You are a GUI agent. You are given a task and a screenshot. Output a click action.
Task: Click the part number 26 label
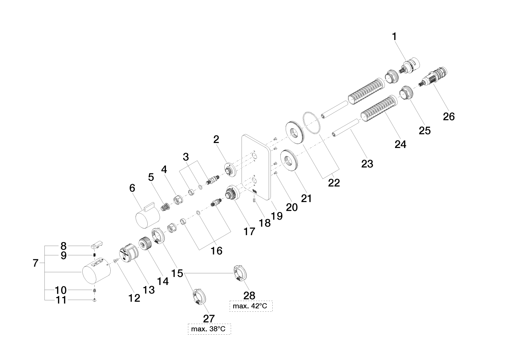(449, 117)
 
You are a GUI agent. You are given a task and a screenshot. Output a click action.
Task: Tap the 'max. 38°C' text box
(209, 329)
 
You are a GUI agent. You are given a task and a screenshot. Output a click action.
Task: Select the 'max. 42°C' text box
(251, 306)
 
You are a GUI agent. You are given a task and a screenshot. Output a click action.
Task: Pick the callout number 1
(395, 37)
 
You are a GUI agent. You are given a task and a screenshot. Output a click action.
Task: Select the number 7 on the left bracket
(36, 263)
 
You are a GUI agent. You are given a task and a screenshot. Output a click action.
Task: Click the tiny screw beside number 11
(95, 300)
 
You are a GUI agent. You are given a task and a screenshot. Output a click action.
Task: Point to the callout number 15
(178, 273)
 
